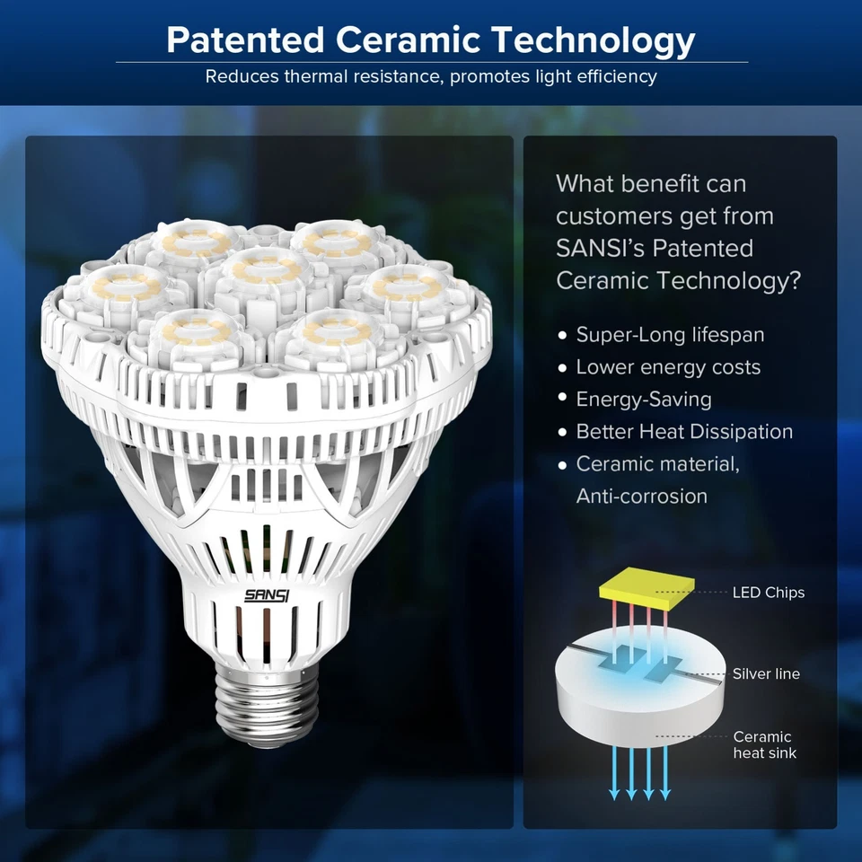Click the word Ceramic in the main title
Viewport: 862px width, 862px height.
tap(408, 40)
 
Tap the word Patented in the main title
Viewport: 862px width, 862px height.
tap(245, 40)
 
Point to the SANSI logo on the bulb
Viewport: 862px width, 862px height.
tap(267, 595)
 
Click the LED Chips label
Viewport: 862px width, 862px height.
tap(768, 592)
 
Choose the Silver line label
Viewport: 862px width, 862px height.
tap(766, 673)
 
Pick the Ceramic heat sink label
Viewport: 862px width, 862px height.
tap(764, 744)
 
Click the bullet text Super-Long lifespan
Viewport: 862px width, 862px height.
tap(670, 335)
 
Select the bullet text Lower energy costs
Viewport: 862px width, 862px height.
tap(668, 366)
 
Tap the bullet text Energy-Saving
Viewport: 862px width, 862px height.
tap(644, 399)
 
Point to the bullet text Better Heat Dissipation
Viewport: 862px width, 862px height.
tap(684, 432)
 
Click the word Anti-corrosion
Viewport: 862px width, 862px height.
tap(641, 496)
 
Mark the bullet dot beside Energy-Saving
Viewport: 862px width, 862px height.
tap(562, 397)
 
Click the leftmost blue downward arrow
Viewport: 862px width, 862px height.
tap(614, 772)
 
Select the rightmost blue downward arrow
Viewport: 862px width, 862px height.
tap(665, 772)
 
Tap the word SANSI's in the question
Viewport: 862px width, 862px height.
tap(600, 248)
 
